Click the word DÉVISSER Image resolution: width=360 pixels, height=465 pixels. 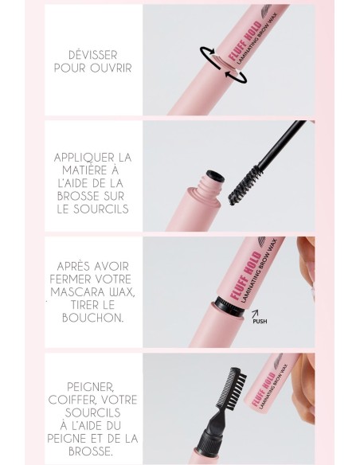(x=92, y=54)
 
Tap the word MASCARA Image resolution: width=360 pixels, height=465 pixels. (x=79, y=293)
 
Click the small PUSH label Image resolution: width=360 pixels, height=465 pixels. (x=258, y=322)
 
